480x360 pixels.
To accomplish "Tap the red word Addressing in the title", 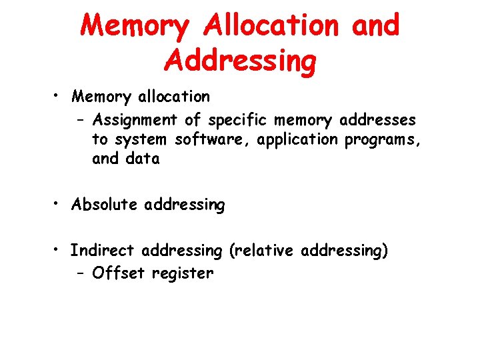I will tap(239, 60).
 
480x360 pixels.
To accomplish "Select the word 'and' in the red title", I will tap(373, 26).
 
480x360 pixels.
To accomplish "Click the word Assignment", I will tap(135, 121).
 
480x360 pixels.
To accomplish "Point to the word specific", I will tap(236, 121).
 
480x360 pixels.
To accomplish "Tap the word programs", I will tap(384, 140).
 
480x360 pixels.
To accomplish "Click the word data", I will tap(145, 159).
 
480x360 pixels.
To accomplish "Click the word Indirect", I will tap(102, 251).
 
